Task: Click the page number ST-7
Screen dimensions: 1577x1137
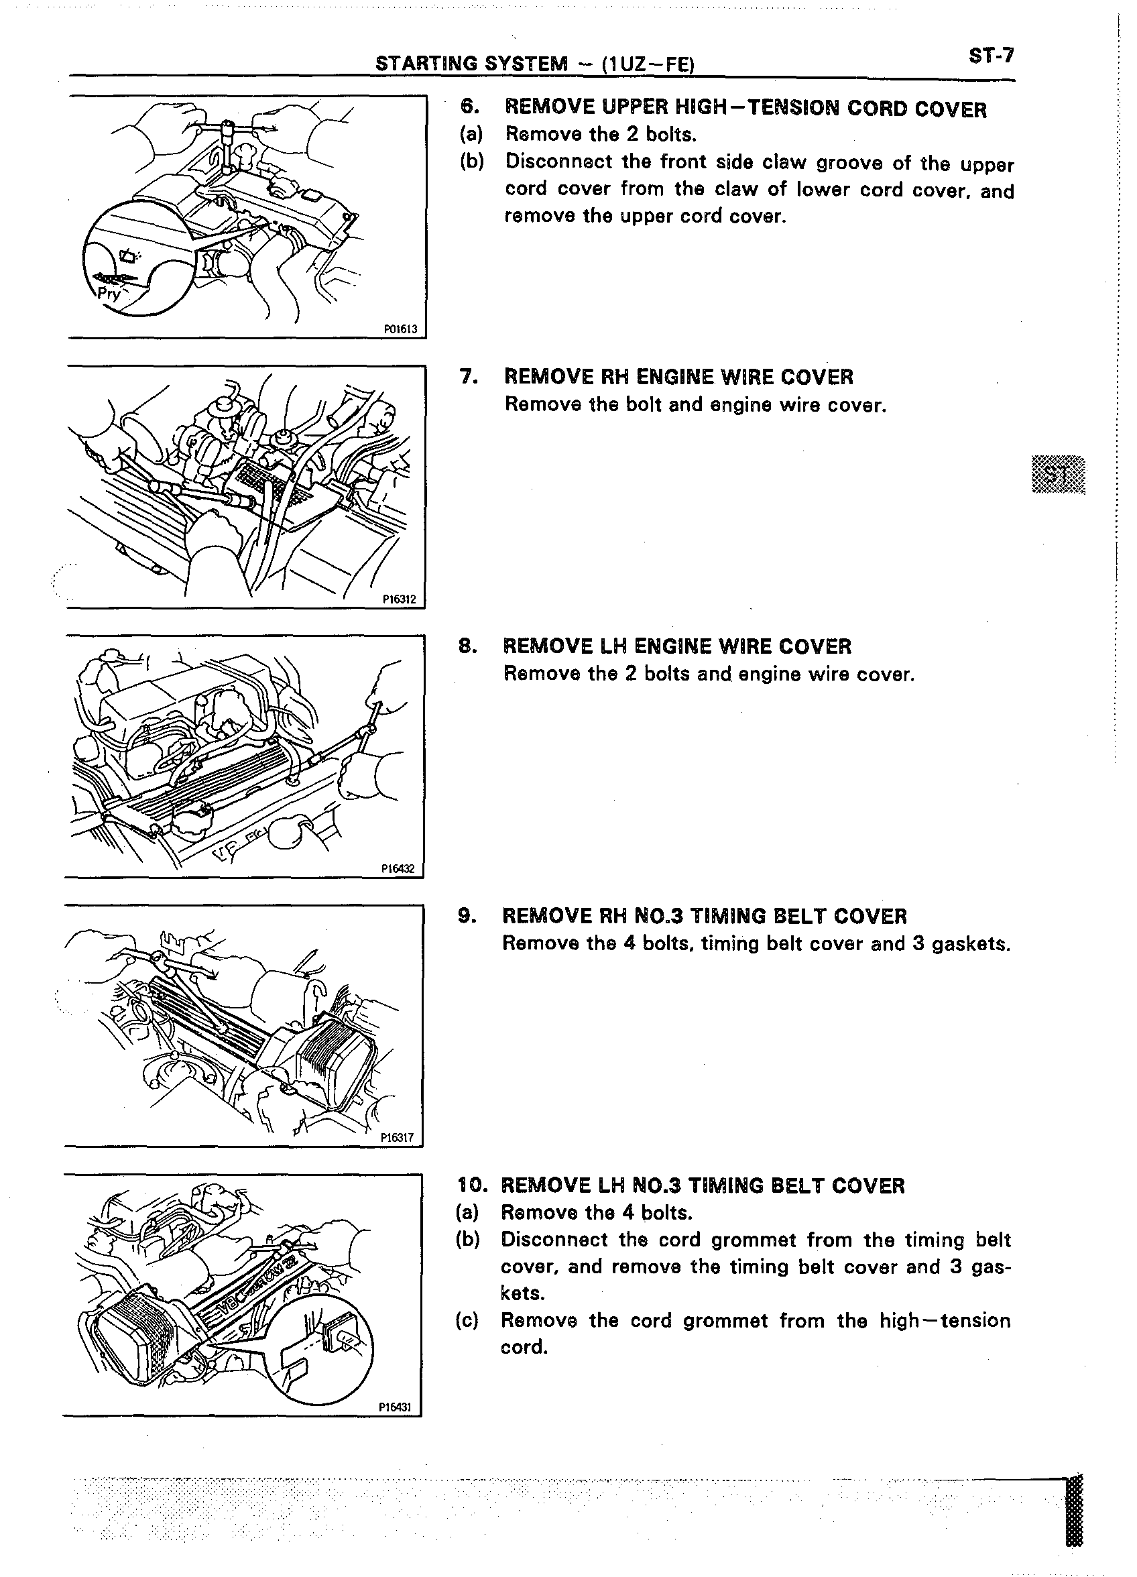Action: pos(992,56)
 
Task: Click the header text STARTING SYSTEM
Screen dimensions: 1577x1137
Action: pos(471,64)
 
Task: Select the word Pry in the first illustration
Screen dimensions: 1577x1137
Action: pos(109,294)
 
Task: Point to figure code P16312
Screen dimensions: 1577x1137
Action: pos(400,599)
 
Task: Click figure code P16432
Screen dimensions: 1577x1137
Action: pos(398,868)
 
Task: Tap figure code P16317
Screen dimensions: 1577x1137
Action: pos(398,1138)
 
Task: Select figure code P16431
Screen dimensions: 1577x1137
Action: pos(396,1407)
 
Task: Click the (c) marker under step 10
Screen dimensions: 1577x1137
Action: pos(467,1320)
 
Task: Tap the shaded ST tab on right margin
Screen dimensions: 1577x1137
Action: pos(1059,475)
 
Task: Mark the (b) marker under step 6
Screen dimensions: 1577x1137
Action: pos(471,162)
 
